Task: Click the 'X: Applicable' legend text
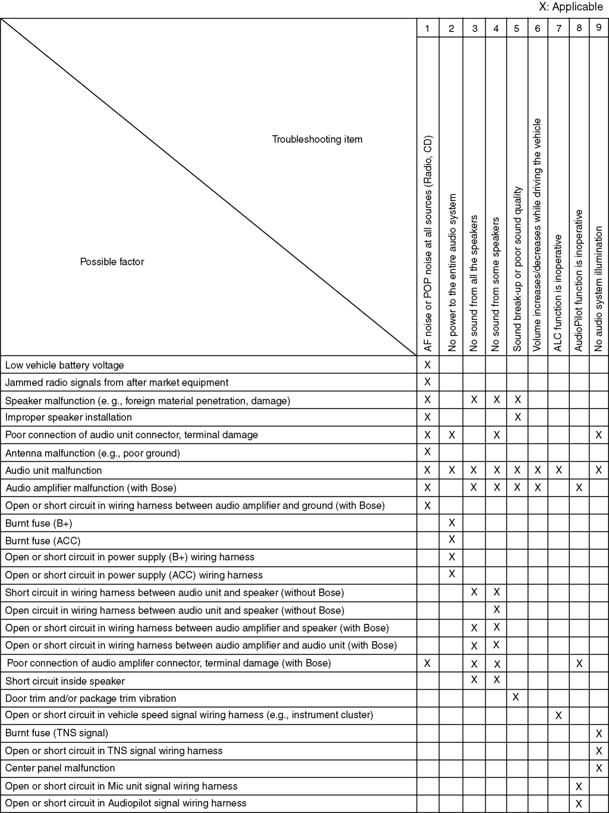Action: pos(570,7)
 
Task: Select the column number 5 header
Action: pos(516,29)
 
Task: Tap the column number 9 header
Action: pos(598,28)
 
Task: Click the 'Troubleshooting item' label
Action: pos(317,139)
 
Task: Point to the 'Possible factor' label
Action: pos(112,262)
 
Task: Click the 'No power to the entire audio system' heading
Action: pos(452,272)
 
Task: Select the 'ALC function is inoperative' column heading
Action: pos(558,293)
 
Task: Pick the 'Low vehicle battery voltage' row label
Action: pos(64,365)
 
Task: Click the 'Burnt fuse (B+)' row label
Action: pos(39,523)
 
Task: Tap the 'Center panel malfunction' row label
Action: pos(59,768)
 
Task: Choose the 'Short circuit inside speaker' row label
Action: pos(65,681)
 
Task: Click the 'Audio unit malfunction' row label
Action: pos(54,470)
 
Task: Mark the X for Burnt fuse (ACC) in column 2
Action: pos(452,539)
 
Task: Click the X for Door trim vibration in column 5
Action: pos(516,697)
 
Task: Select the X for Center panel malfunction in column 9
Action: pos(599,768)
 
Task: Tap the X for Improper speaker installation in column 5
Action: pos(517,417)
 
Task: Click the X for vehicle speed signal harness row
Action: pos(558,715)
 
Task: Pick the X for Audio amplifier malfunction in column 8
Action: pos(579,488)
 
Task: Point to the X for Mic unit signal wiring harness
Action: pos(579,786)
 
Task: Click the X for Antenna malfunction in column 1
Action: pos(427,452)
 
